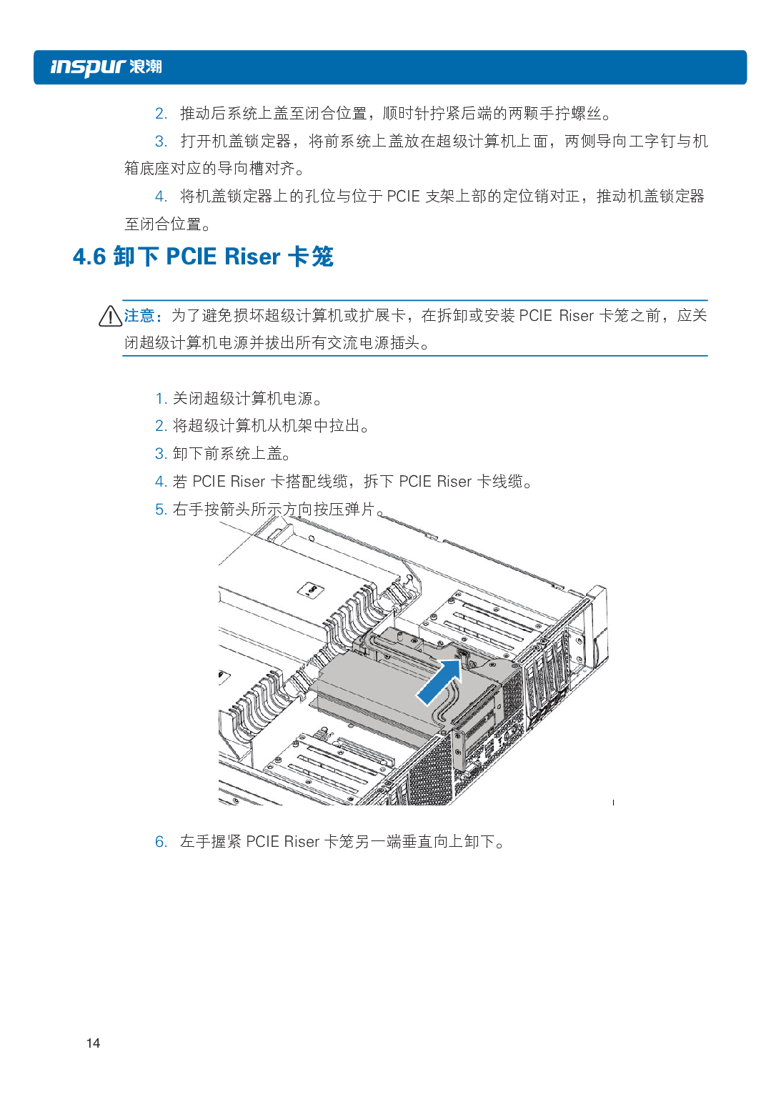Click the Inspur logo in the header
[x=106, y=67]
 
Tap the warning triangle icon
[x=110, y=316]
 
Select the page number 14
[x=93, y=1043]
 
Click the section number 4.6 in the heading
[x=89, y=257]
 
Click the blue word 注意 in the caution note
[x=139, y=316]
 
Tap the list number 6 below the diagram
[x=161, y=841]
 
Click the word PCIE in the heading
[x=191, y=257]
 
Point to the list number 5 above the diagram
[x=161, y=510]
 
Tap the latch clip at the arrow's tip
[x=463, y=656]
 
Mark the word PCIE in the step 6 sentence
[x=262, y=841]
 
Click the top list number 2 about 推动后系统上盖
[x=161, y=114]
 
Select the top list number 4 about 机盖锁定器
[x=161, y=197]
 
